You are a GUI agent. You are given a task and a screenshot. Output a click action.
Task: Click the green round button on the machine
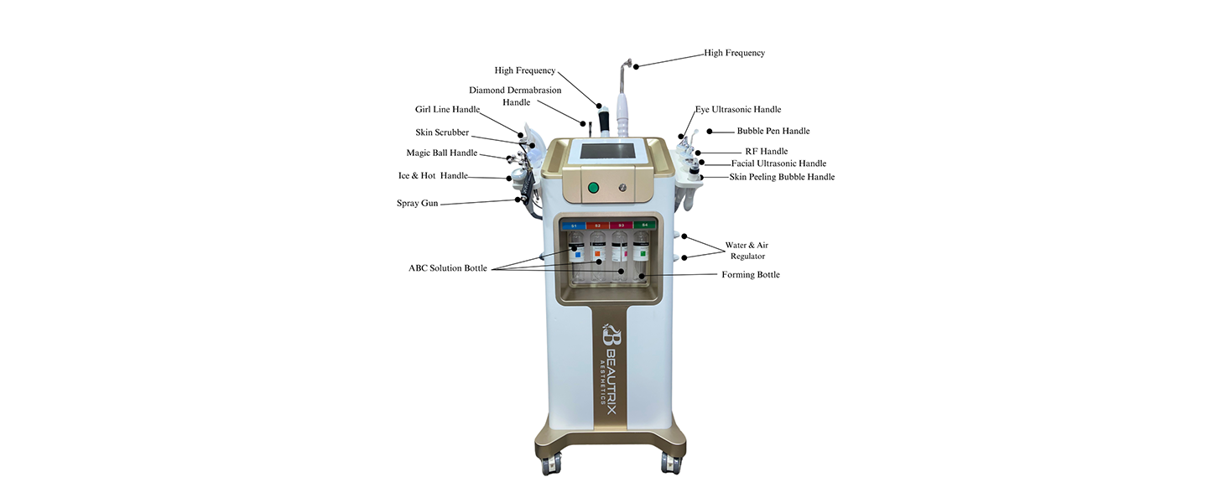pos(593,188)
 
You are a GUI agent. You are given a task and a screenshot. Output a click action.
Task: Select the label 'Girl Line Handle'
pos(447,110)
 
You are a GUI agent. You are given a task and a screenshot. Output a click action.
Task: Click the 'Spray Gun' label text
pos(417,204)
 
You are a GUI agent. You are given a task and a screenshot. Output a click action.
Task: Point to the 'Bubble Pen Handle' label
pos(773,132)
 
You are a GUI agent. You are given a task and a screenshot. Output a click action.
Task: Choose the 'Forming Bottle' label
pos(750,275)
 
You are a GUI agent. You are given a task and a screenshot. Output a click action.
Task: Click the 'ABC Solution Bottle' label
pos(447,268)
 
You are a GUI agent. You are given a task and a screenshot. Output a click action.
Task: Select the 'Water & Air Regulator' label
pos(747,251)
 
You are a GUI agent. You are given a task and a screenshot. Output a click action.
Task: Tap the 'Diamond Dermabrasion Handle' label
pos(515,96)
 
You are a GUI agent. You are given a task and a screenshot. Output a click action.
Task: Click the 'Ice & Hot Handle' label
pos(433,176)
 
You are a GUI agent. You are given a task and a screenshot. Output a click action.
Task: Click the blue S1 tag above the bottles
pos(575,226)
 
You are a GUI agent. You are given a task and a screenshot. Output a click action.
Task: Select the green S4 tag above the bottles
pos(643,226)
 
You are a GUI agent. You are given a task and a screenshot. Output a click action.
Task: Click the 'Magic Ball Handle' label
pos(441,153)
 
